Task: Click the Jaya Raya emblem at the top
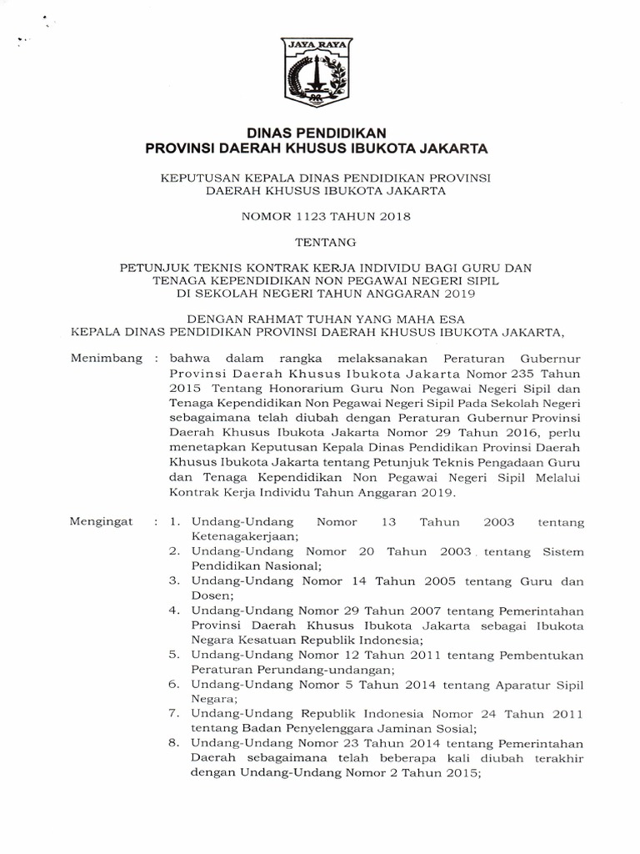click(318, 73)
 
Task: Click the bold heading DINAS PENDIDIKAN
click(317, 132)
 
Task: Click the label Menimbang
click(103, 359)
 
